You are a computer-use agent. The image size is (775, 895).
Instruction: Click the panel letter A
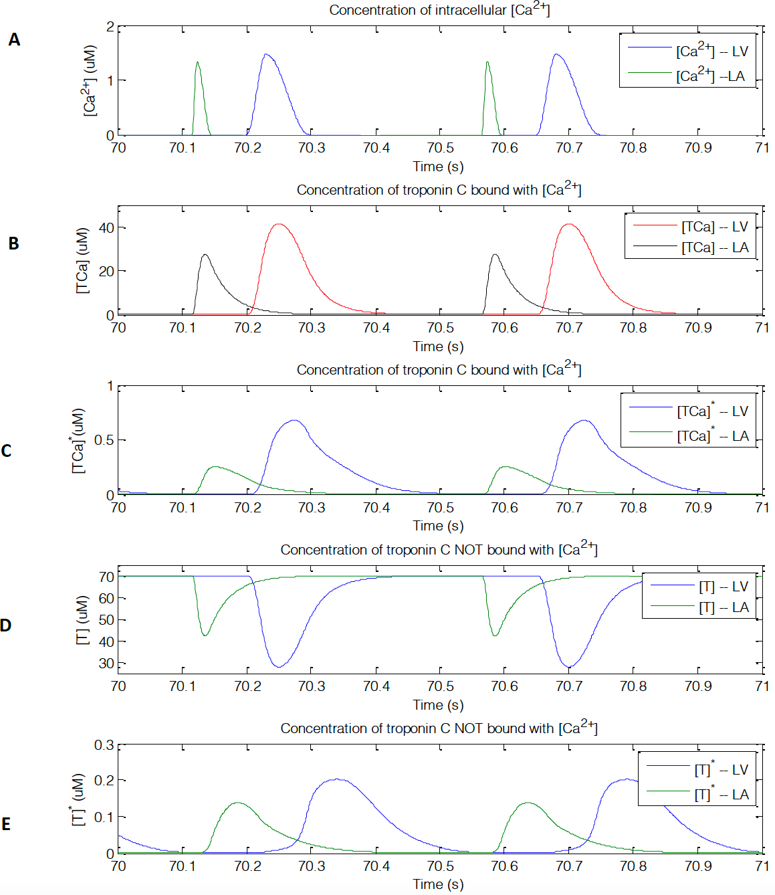pos(14,40)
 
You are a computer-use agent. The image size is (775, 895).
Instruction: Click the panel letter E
pos(6,824)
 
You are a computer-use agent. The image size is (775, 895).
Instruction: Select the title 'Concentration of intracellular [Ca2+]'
pos(439,10)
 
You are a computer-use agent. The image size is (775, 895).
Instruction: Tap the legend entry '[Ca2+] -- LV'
pos(711,51)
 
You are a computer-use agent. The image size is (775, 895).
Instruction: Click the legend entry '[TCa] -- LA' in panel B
pos(715,247)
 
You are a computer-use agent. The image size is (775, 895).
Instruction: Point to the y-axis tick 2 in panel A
pos(110,27)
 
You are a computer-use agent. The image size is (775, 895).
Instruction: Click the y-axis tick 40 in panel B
pos(106,227)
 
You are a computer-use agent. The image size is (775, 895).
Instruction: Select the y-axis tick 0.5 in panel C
pos(104,440)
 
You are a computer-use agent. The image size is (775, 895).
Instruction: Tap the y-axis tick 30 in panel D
pos(106,664)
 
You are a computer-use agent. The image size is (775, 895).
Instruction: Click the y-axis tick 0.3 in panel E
pos(104,745)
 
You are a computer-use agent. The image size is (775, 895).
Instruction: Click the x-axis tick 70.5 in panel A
pos(440,148)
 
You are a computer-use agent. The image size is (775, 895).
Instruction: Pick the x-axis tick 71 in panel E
pos(762,866)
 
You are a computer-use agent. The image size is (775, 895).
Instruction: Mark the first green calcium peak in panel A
pos(197,62)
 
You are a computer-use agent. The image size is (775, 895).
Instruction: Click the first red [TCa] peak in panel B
pos(279,224)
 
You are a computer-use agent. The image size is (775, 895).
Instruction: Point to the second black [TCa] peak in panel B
pos(495,255)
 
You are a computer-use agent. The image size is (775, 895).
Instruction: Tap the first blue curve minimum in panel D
pos(279,667)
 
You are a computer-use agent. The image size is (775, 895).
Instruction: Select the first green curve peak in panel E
pos(238,803)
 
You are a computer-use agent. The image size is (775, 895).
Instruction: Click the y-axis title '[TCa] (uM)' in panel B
pos(82,260)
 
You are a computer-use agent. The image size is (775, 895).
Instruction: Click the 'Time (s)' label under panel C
pos(438,526)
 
